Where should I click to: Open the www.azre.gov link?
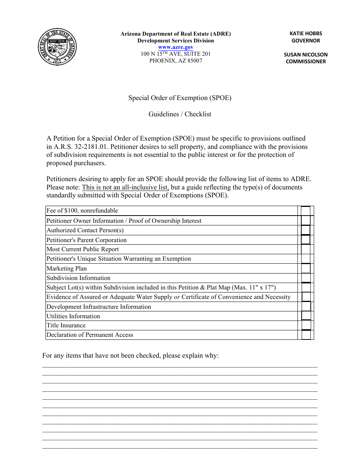(x=175, y=47)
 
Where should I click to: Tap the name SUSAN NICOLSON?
(x=305, y=55)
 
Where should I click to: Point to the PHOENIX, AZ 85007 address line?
(x=175, y=61)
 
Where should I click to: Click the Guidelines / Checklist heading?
(x=180, y=114)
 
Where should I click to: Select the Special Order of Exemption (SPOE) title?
(x=180, y=98)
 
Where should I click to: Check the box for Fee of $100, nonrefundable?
(x=305, y=211)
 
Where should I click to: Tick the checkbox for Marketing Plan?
(x=305, y=269)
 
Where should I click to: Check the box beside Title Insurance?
(x=305, y=325)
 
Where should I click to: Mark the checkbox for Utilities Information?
(x=305, y=316)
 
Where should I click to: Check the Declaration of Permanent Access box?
(x=305, y=335)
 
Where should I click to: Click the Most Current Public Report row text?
(x=83, y=249)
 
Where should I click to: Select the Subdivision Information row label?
(x=78, y=278)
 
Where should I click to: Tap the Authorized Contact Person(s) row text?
(x=85, y=230)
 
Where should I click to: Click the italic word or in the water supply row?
(x=177, y=297)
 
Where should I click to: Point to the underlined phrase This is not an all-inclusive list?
(x=125, y=187)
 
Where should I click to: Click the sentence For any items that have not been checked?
(x=130, y=356)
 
